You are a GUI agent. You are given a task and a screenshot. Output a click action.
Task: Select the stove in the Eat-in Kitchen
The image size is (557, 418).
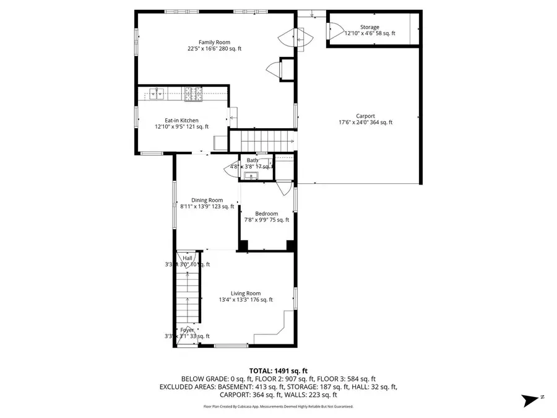[x=193, y=94]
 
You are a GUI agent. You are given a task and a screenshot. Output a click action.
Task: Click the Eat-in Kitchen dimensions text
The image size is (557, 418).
[x=181, y=127]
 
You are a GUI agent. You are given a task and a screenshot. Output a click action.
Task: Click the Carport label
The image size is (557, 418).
[x=365, y=116]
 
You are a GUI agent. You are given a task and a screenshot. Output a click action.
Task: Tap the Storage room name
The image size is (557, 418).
[x=369, y=27]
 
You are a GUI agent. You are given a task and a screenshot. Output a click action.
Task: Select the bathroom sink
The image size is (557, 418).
[x=250, y=176]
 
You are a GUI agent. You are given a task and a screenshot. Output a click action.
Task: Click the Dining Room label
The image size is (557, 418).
[x=207, y=200]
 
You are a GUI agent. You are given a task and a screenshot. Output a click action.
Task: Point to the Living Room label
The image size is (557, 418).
[x=246, y=294]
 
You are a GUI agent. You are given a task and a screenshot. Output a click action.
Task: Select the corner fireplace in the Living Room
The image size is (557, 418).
[x=281, y=326]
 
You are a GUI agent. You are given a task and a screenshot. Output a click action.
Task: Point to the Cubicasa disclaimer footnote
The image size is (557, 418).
[x=278, y=407]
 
